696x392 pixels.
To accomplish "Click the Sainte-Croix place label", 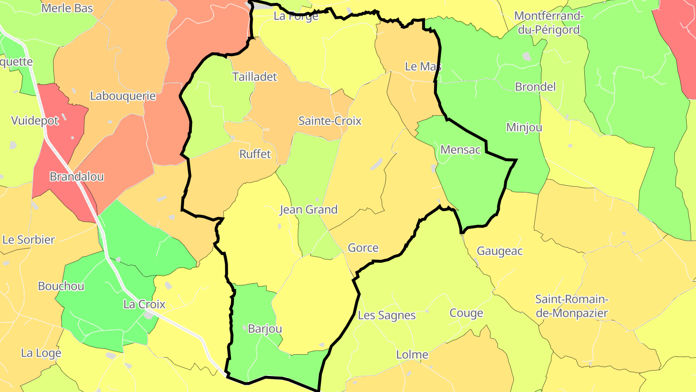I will (330, 121).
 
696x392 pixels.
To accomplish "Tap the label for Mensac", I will (460, 150).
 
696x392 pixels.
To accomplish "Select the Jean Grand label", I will (308, 210).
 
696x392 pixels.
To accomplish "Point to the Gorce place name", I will (363, 248).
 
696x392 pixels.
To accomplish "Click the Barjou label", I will (264, 329).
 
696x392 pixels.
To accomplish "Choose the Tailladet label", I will (255, 76).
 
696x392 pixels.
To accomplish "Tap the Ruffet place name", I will (255, 154).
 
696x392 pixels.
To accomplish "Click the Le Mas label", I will (423, 66).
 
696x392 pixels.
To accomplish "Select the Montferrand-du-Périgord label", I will (549, 23).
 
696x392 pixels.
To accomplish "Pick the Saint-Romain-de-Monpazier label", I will (572, 306).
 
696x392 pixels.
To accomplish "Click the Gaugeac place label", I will (500, 251).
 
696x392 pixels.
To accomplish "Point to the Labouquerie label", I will (123, 96).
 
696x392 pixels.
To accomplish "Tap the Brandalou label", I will (76, 177).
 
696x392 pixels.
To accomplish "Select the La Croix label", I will (144, 304).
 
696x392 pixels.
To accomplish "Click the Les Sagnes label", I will (387, 316).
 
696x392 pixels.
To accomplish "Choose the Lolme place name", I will (412, 355).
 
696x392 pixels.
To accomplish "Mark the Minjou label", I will (524, 127).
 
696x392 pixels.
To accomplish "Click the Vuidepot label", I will (35, 121).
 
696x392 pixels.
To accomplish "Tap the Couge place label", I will (466, 313).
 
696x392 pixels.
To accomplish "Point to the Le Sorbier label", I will (29, 240).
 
